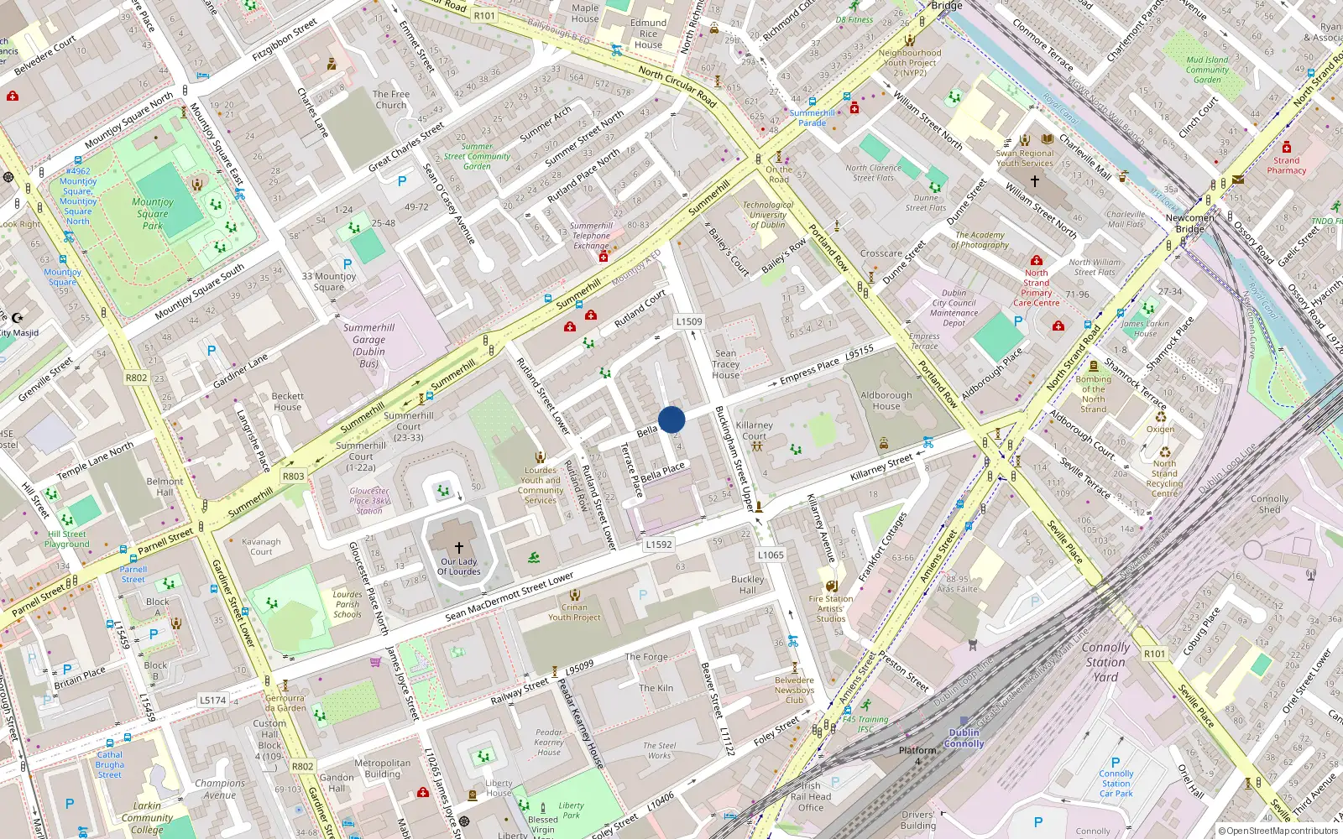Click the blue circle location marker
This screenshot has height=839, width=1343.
pyautogui.click(x=671, y=419)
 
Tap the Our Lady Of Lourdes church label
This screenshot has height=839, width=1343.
pyautogui.click(x=459, y=566)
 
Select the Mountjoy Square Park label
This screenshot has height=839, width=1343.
pyautogui.click(x=153, y=213)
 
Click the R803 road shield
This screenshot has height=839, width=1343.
pyautogui.click(x=293, y=476)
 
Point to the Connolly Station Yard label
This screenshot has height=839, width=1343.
pyautogui.click(x=1105, y=662)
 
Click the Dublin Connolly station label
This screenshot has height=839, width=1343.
pyautogui.click(x=964, y=738)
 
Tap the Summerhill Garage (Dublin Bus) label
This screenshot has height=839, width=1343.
pyautogui.click(x=369, y=346)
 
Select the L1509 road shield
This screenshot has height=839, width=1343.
pyautogui.click(x=689, y=321)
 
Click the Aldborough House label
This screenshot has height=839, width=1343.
pyautogui.click(x=886, y=400)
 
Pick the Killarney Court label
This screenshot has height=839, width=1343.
pyautogui.click(x=754, y=430)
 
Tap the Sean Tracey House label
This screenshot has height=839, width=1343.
pyautogui.click(x=726, y=364)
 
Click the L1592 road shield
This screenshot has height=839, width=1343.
pyautogui.click(x=659, y=545)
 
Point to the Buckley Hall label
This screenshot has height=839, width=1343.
pyautogui.click(x=747, y=585)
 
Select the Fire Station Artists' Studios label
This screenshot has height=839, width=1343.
pyautogui.click(x=831, y=609)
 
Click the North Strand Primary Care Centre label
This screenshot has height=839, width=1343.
pyautogui.click(x=1037, y=288)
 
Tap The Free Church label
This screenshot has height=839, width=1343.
pyautogui.click(x=391, y=100)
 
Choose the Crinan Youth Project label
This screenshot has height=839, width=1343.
pyautogui.click(x=574, y=612)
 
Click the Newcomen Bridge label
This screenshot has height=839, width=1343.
pyautogui.click(x=1189, y=223)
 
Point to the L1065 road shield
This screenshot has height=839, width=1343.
pyautogui.click(x=771, y=555)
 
